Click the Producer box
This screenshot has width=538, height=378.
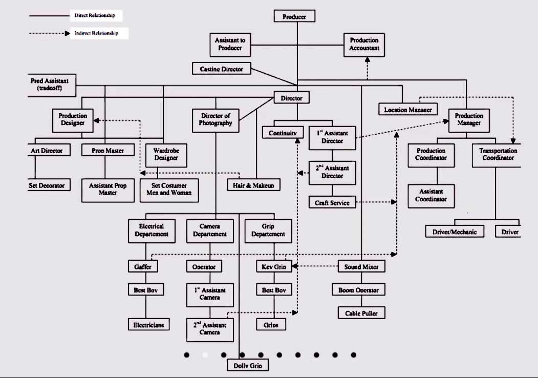294,16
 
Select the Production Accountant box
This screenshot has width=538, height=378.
364,44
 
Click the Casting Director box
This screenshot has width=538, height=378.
221,69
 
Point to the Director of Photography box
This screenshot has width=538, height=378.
216,119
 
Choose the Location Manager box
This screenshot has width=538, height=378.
408,110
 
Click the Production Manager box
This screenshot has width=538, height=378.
469,119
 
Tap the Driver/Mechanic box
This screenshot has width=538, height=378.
454,232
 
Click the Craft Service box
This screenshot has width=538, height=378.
332,203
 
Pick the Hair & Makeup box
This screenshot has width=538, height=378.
254,185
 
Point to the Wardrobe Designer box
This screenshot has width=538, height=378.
166,154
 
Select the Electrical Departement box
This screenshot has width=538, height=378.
151,230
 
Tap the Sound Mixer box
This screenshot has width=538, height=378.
361,267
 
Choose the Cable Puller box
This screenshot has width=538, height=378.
361,312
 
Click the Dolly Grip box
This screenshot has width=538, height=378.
248,366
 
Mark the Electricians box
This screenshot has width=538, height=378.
149,324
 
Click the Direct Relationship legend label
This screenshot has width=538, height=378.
95,15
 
